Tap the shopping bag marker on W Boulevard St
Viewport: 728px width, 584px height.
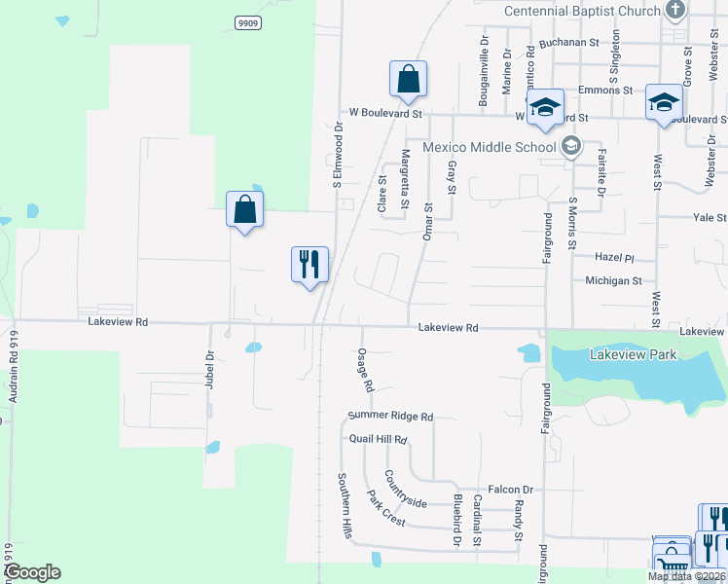pos(409,80)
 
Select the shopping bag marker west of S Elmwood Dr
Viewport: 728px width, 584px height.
pos(244,209)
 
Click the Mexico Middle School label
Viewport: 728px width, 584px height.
pos(489,148)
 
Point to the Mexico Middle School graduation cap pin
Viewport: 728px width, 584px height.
pos(571,147)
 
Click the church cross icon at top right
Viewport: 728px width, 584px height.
pos(675,11)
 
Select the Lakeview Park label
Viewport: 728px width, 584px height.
pos(633,355)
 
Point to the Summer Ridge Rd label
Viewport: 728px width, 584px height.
pos(390,417)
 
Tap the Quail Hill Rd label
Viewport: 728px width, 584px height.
pos(378,439)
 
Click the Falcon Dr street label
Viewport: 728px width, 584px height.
pos(513,490)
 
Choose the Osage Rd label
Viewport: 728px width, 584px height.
pos(365,370)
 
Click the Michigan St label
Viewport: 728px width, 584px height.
pos(613,280)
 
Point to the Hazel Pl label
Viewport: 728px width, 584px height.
pos(614,259)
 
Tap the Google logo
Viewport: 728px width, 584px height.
pos(32,572)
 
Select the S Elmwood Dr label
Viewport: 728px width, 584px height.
pos(338,154)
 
